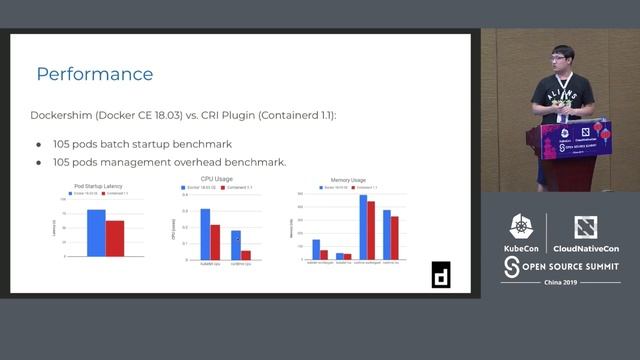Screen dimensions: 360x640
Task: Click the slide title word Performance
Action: pos(95,74)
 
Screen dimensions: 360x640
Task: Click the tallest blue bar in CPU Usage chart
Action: pos(205,235)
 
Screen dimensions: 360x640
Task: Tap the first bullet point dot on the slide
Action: pos(39,144)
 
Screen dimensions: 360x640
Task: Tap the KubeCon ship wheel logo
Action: pos(520,227)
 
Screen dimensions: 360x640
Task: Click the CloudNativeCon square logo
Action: pos(586,227)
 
